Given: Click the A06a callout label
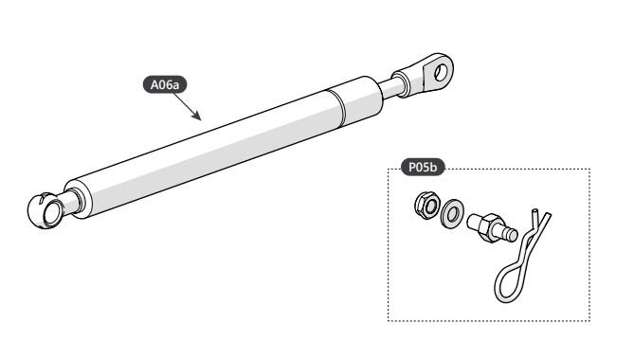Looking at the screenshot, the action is pos(165,85).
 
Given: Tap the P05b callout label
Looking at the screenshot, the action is pos(423,167).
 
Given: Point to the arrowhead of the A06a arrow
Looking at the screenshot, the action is pos(197,117).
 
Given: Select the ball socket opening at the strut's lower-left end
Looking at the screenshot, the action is pos(52,211).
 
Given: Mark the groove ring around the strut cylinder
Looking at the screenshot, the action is pos(336,107).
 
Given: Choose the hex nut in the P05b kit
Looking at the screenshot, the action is pos(427,207).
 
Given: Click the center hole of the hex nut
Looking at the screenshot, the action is pos(430,207).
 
